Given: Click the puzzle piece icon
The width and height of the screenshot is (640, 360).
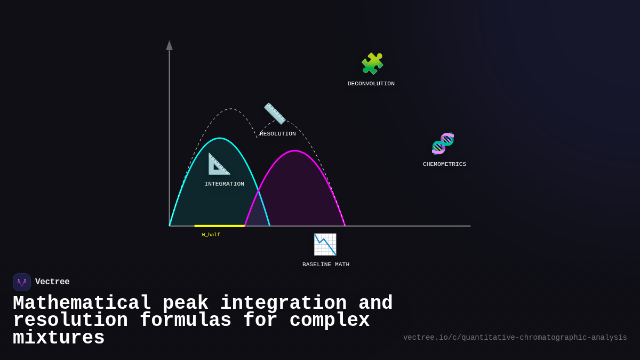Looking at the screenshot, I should (372, 64).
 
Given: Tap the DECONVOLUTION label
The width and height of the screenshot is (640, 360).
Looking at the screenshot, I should (371, 84).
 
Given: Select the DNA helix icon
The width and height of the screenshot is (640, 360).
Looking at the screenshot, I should (443, 143).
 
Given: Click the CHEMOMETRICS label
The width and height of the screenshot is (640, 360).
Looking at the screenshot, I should (444, 164).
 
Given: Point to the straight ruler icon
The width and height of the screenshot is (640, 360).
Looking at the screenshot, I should (275, 114).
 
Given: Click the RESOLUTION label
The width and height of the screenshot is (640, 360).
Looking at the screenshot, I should (278, 134).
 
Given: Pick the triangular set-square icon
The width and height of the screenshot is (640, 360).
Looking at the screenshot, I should (219, 164).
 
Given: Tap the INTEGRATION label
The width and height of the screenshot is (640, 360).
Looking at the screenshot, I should (225, 184).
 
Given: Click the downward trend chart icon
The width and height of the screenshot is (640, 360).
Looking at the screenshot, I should (325, 244).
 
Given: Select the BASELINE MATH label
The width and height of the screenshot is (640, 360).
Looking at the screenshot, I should (326, 265).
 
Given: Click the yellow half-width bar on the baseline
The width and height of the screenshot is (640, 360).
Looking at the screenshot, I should (219, 226).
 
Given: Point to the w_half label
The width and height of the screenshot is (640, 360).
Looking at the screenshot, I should (211, 235).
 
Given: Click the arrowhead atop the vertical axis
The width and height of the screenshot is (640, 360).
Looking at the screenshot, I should (169, 45).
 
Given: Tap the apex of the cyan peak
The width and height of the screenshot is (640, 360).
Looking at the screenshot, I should (219, 139).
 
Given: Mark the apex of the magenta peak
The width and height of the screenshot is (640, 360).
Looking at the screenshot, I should (295, 151).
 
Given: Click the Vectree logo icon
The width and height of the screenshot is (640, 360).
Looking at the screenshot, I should (22, 282).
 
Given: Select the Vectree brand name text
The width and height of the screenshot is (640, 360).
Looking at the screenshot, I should (52, 282).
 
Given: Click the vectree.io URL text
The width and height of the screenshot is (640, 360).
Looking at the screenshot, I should (515, 338).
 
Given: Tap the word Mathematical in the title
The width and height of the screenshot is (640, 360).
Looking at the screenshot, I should (82, 303).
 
